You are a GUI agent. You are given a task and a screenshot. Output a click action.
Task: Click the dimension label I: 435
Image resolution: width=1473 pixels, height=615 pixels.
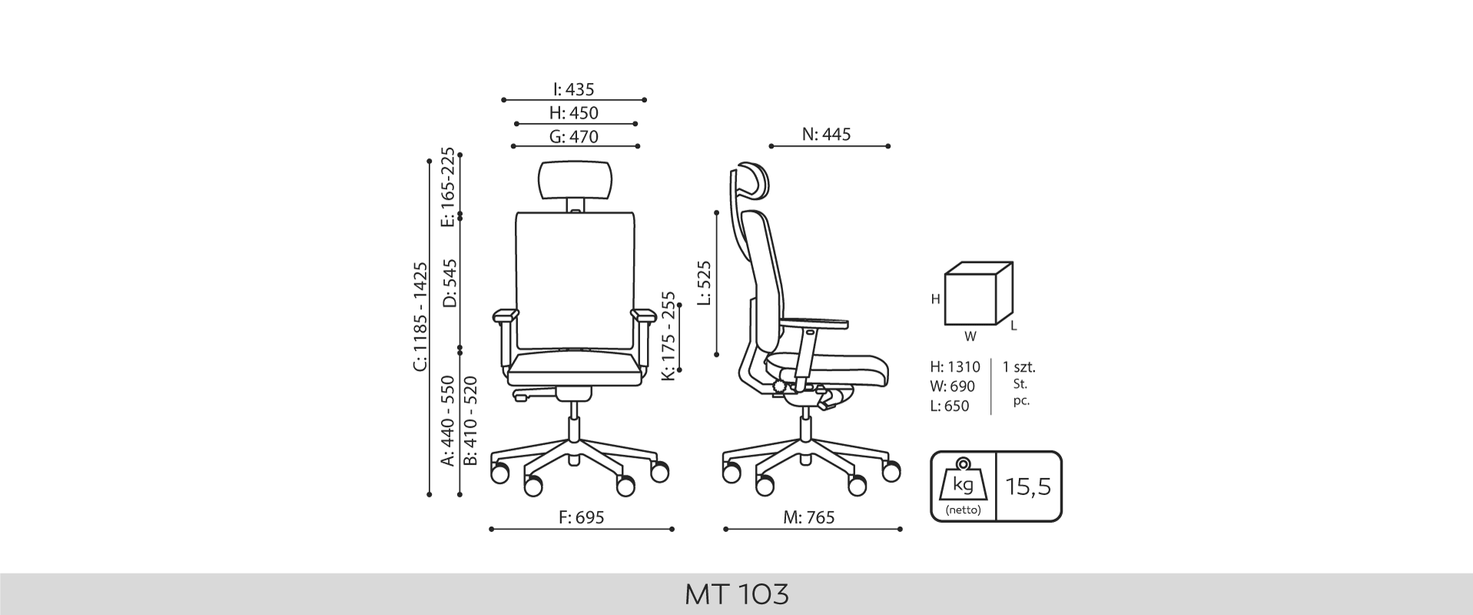[x=573, y=89]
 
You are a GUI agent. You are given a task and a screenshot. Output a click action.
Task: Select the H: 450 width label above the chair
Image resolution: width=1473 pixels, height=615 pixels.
[x=574, y=113]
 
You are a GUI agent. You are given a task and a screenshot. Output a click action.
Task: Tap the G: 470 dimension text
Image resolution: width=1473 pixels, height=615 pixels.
[x=574, y=137]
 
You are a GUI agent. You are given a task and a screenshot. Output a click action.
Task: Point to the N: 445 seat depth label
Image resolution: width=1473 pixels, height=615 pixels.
[x=827, y=135]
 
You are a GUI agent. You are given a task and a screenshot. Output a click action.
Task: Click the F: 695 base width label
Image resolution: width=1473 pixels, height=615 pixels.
[x=581, y=517]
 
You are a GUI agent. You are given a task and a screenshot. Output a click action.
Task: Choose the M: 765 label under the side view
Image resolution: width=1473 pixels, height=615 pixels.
[x=809, y=517]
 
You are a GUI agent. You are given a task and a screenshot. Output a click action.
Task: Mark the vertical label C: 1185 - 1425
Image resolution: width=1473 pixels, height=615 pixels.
[x=420, y=317]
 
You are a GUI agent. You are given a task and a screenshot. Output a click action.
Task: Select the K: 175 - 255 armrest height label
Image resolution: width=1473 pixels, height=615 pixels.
[x=668, y=335]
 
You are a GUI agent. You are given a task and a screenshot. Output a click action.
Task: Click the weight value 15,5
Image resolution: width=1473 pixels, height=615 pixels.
[x=1028, y=487]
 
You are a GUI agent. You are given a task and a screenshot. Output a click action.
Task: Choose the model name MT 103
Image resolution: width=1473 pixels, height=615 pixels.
[x=736, y=594]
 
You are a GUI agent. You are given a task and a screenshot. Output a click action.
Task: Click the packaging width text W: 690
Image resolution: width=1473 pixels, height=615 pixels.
[x=952, y=386]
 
